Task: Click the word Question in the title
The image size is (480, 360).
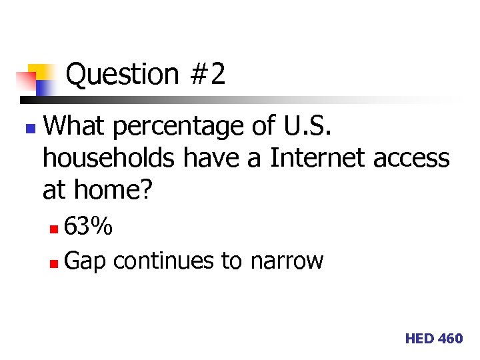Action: pyautogui.click(x=122, y=75)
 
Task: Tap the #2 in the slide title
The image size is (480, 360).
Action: pyautogui.click(x=207, y=74)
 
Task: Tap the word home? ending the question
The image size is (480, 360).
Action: pyautogui.click(x=113, y=191)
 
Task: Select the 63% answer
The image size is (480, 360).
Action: pyautogui.click(x=89, y=228)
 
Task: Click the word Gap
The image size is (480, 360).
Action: pyautogui.click(x=86, y=261)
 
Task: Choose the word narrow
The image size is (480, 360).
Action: pyautogui.click(x=287, y=261)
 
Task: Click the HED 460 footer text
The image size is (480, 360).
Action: pyautogui.click(x=433, y=339)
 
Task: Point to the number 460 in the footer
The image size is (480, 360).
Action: pyautogui.click(x=450, y=339)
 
